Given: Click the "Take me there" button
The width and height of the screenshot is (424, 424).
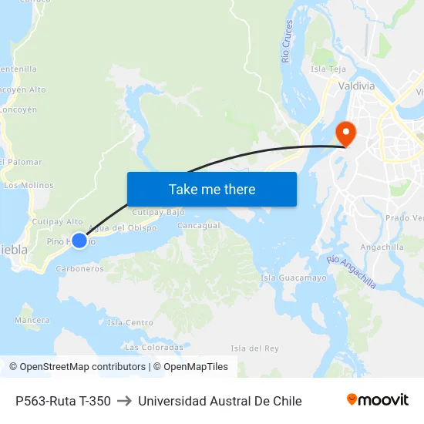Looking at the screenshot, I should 211,189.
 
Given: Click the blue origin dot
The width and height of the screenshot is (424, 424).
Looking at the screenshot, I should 79,241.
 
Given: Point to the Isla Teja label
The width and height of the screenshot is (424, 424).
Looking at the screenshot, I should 328,69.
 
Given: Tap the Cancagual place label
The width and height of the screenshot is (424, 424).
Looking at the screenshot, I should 198,226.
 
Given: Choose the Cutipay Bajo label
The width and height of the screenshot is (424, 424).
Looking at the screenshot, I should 159,211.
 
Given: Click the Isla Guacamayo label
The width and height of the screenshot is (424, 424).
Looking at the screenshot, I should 294,278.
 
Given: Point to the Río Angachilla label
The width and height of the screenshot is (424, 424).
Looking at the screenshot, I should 351,272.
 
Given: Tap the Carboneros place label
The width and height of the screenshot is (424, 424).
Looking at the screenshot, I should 80,269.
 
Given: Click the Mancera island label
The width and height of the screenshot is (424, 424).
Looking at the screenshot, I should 32,319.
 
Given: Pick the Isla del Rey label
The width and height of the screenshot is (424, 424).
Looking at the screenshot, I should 254,348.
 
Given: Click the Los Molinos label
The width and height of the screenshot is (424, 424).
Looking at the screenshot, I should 29,185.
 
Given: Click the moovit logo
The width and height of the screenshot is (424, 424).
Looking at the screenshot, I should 377,400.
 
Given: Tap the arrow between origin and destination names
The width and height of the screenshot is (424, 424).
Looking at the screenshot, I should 124,401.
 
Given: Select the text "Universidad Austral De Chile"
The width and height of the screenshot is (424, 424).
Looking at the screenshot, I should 220,401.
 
